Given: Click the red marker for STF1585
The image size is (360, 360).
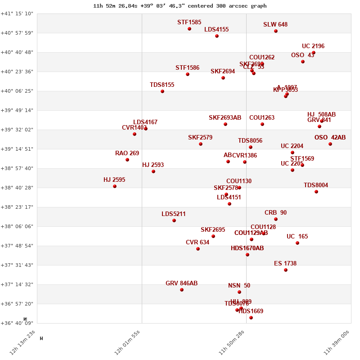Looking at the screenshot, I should (189, 29).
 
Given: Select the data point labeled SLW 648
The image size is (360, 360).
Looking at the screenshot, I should (276, 31).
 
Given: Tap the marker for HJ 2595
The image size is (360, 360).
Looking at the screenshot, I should (115, 186).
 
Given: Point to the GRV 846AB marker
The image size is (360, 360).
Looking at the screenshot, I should (182, 290).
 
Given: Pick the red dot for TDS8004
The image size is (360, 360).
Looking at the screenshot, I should (316, 192).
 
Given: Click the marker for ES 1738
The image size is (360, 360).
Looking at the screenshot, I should (286, 270).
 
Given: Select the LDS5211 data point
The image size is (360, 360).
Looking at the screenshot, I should (174, 220).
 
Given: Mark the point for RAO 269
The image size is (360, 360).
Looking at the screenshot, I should (127, 160).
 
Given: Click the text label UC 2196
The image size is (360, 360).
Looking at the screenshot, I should (313, 46).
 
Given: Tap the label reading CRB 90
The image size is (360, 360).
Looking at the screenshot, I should (275, 213).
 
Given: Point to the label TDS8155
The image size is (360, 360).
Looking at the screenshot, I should (162, 85).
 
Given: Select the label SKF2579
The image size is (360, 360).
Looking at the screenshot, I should (200, 138).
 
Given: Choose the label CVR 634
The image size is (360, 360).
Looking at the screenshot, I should (198, 243).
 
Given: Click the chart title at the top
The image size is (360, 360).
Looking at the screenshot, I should (180, 6).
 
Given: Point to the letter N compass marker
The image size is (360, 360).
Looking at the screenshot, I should (26, 319).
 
